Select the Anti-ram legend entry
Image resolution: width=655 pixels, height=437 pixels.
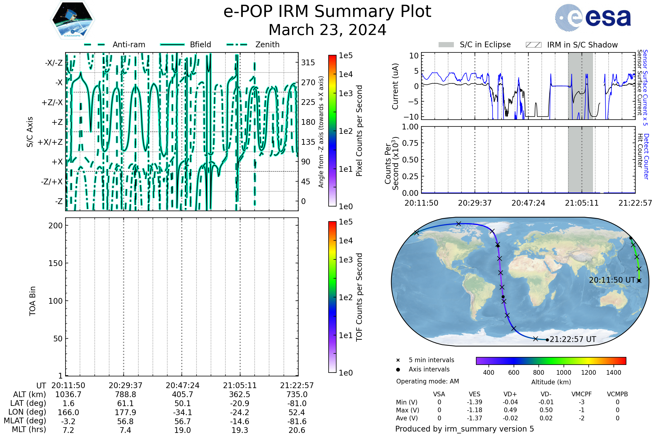[114, 45]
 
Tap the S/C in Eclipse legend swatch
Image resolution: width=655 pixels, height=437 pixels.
[446, 45]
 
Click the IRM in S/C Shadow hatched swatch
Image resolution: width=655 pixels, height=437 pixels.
[533, 45]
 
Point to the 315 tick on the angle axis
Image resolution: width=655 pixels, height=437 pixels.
[308, 63]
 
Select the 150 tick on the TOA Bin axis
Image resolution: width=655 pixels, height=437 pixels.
[55, 263]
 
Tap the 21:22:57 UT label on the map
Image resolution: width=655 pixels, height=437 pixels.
[573, 339]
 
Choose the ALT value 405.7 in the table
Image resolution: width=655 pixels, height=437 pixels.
[182, 394]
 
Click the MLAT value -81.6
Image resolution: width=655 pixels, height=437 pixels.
[297, 421]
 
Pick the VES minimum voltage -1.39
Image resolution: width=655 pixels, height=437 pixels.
[475, 402]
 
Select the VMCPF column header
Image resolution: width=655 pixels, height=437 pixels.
[582, 394]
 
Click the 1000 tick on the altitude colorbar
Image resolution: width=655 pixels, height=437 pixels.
[564, 373]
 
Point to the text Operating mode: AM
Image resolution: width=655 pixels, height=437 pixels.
[427, 381]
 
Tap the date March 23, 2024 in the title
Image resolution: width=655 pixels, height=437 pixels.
[327, 30]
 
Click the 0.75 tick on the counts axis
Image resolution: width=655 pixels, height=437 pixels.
[410, 143]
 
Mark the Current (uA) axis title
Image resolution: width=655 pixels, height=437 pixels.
[395, 86]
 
